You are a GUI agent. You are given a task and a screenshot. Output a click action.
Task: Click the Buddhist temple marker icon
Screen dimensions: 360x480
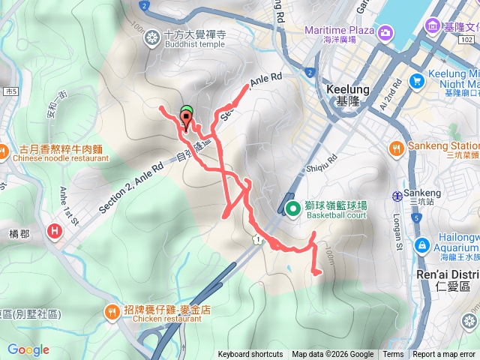pyautogui.click(x=152, y=36)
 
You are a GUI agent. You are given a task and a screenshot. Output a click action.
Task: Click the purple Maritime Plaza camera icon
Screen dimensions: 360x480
pyautogui.click(x=385, y=32)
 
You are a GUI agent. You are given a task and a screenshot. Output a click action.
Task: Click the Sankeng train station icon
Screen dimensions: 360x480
pyautogui.click(x=397, y=196)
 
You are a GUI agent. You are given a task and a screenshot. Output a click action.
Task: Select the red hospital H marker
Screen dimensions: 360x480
pyautogui.click(x=55, y=231)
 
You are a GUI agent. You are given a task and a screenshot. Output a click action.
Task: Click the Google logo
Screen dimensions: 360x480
pyautogui.click(x=28, y=349)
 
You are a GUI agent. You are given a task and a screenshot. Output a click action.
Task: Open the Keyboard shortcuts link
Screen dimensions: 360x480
pyautogui.click(x=250, y=355)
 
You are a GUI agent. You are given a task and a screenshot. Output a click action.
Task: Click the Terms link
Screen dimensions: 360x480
pyautogui.click(x=393, y=355)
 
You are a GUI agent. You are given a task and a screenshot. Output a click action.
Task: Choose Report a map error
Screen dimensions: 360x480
pyautogui.click(x=445, y=355)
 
